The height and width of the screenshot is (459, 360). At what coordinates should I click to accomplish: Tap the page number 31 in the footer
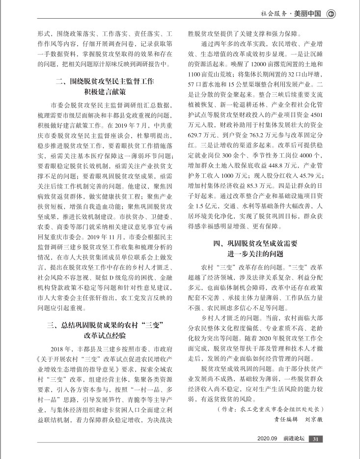[x=317, y=439]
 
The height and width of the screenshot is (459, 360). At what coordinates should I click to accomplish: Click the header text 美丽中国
[x=308, y=14]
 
